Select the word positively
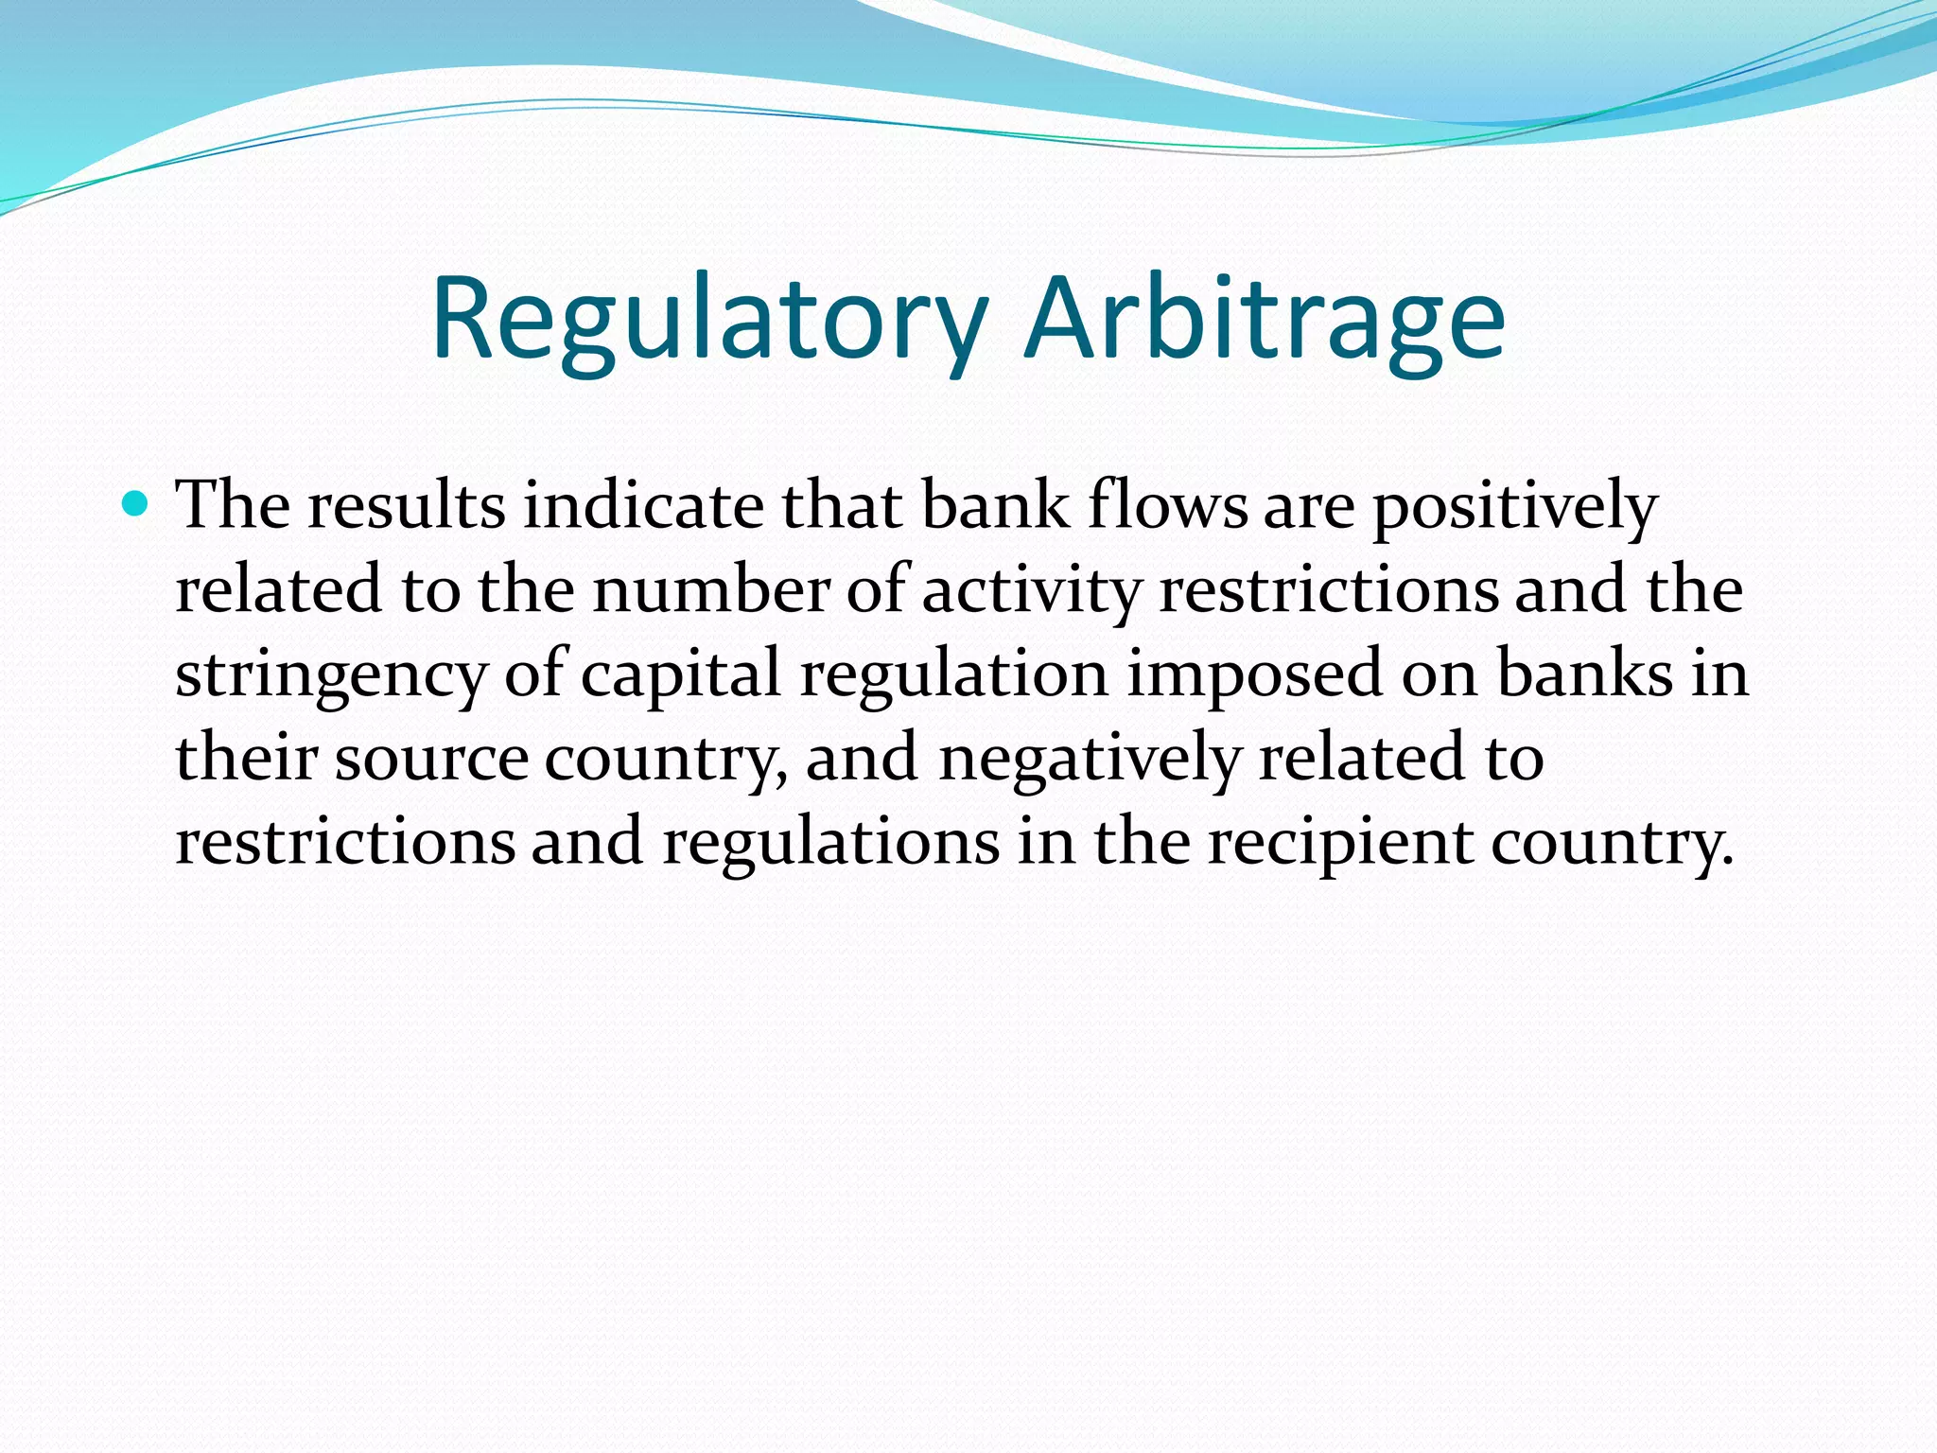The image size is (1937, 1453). [1514, 506]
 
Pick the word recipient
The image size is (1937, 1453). [1339, 843]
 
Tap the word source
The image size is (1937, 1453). [431, 759]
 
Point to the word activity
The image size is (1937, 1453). [1031, 590]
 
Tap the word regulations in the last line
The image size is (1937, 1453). [830, 843]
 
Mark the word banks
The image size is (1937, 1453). [1585, 674]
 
